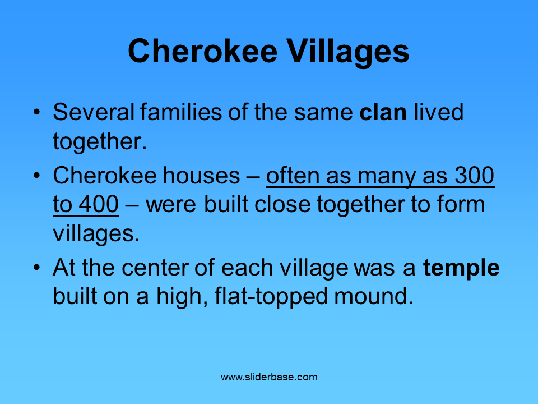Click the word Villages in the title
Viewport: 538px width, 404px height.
tap(348, 52)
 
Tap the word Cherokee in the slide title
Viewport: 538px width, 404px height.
tap(203, 51)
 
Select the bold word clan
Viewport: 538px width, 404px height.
tap(383, 113)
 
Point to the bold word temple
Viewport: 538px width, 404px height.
tap(461, 268)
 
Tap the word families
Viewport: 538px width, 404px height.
tap(175, 113)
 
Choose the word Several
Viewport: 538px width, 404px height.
tap(93, 113)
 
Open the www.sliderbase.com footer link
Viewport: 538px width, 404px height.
tap(269, 377)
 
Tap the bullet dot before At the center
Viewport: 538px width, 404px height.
tap(36, 268)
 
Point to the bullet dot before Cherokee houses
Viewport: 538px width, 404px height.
tap(36, 176)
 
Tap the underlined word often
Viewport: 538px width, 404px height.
tap(291, 176)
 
